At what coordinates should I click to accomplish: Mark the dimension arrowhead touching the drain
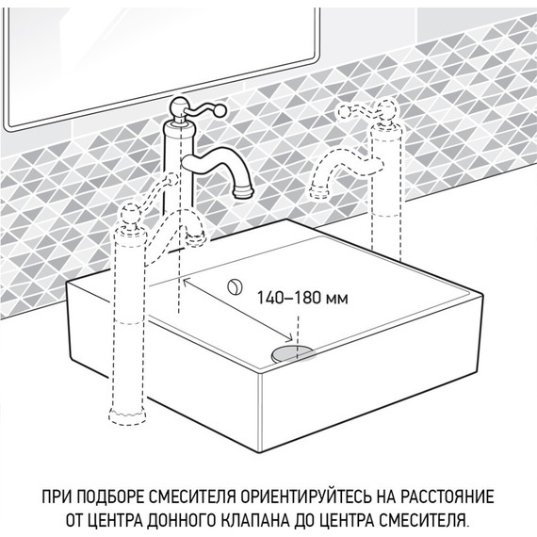pyautogui.click(x=286, y=341)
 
